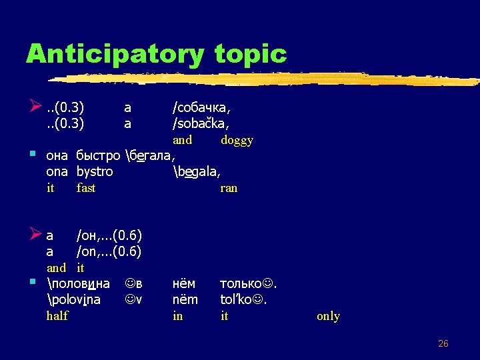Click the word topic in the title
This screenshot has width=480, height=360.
click(251, 54)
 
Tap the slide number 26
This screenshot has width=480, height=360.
click(443, 343)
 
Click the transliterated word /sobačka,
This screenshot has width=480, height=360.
click(201, 123)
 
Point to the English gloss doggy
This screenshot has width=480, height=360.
click(237, 140)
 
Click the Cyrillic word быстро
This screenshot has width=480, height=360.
click(98, 156)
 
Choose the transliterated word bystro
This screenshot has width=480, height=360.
click(95, 172)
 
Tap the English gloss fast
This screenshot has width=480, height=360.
click(86, 188)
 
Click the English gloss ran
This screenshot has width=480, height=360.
click(229, 188)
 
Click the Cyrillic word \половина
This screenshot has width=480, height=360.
click(79, 283)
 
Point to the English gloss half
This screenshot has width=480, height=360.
click(57, 316)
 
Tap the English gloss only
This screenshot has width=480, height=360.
click(328, 316)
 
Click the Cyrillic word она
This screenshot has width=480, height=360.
click(57, 156)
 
